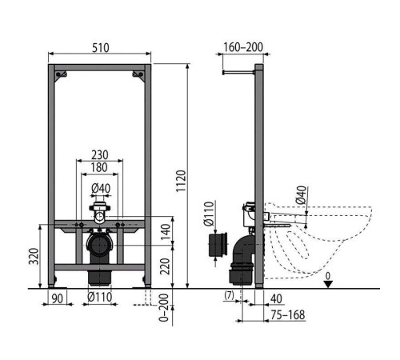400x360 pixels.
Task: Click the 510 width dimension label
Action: pyautogui.click(x=101, y=48)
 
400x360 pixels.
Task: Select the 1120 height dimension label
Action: pyautogui.click(x=181, y=181)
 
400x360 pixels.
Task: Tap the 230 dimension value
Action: pyautogui.click(x=100, y=154)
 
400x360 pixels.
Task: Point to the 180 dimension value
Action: pyautogui.click(x=99, y=167)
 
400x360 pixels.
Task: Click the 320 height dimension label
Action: pyautogui.click(x=34, y=256)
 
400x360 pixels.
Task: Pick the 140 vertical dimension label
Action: pyautogui.click(x=166, y=231)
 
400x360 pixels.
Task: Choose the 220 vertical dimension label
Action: pyautogui.click(x=166, y=266)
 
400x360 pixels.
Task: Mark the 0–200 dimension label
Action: pyautogui.click(x=164, y=307)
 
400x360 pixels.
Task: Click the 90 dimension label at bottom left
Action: pyautogui.click(x=57, y=298)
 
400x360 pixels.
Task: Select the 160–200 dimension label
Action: pyautogui.click(x=243, y=47)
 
